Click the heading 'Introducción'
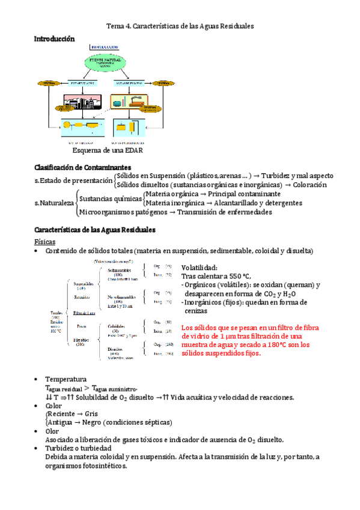click(55, 38)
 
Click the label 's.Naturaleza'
click(55, 203)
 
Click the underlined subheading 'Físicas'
click(46, 241)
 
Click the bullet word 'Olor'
click(53, 431)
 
